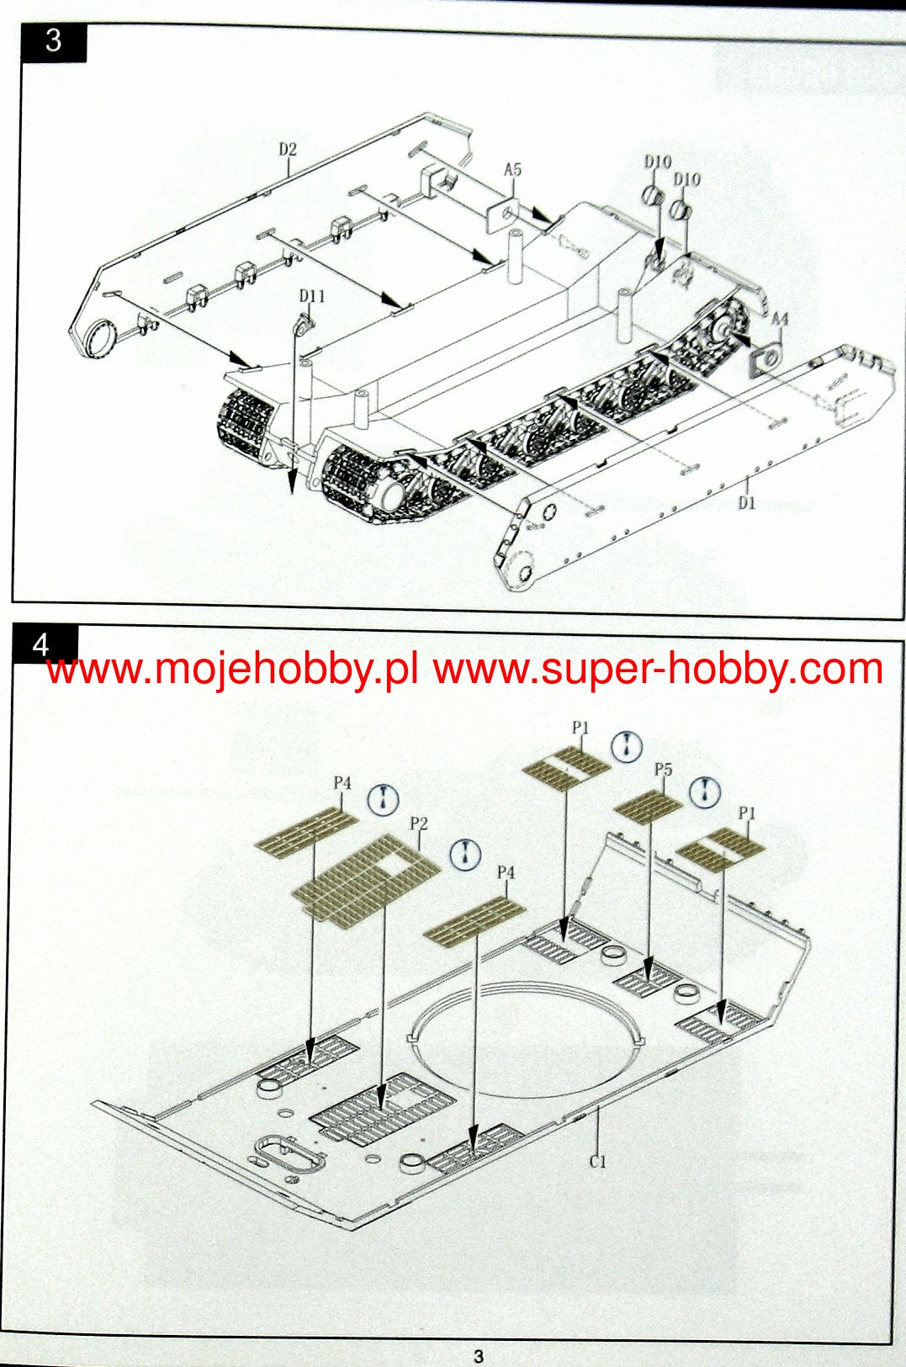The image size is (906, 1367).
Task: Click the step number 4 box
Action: tap(42, 644)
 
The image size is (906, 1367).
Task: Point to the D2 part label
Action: tap(288, 150)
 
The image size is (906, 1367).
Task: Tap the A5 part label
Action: tap(512, 170)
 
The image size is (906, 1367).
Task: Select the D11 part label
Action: tap(311, 296)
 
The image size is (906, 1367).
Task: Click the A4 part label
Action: tap(780, 320)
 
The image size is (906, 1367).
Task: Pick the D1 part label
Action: tap(747, 503)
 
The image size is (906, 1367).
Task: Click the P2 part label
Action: tap(419, 824)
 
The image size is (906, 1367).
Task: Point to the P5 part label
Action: tap(664, 770)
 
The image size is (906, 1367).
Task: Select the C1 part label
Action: tap(597, 1162)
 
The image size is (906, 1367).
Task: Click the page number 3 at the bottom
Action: tap(479, 1356)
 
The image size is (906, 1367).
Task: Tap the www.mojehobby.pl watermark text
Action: tap(232, 670)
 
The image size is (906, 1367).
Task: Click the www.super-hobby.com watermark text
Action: tap(658, 670)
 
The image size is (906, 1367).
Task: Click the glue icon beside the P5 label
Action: tap(705, 791)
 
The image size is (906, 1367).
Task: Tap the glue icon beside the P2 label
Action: tap(464, 854)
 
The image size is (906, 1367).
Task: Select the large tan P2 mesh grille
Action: tap(366, 879)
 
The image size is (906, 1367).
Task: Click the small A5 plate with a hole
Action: tap(503, 214)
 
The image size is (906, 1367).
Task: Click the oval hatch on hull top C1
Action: tap(289, 1152)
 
